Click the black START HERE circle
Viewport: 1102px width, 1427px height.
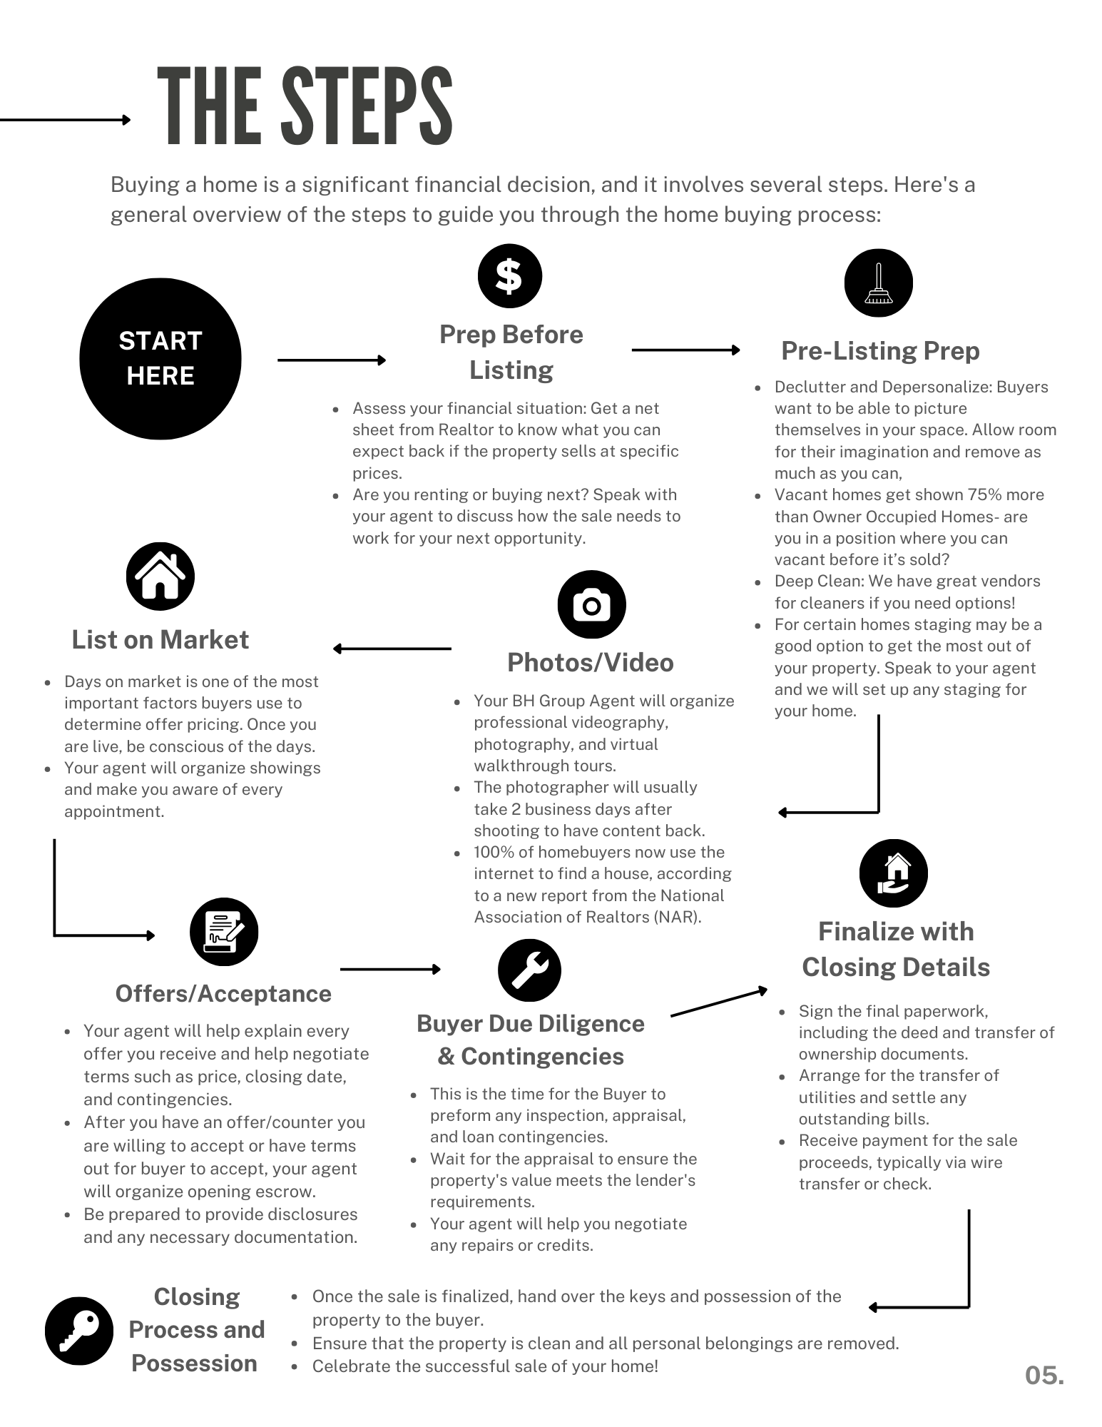coord(160,359)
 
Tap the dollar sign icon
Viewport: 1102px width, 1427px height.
coord(509,276)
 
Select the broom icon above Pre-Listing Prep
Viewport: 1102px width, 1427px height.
coord(878,283)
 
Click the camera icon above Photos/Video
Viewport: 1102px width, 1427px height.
coord(591,605)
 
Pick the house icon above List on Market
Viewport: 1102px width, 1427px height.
coord(160,577)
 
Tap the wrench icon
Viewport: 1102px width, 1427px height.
coord(530,970)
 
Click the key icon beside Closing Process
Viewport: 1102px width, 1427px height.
coord(79,1331)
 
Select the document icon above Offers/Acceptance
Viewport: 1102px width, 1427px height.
coord(224,932)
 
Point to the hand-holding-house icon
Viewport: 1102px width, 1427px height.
coord(893,873)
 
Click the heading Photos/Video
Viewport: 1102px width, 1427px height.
coord(591,663)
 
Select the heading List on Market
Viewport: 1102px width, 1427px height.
coord(160,640)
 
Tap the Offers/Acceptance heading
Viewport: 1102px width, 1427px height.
coord(223,994)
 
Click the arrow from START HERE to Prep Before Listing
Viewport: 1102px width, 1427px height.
coord(332,360)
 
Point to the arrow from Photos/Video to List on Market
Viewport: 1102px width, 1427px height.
coord(392,649)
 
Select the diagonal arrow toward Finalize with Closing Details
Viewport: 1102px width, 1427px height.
coord(719,1002)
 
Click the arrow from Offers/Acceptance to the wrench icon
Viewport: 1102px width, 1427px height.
coord(391,969)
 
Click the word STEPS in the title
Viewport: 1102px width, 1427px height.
coord(367,107)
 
